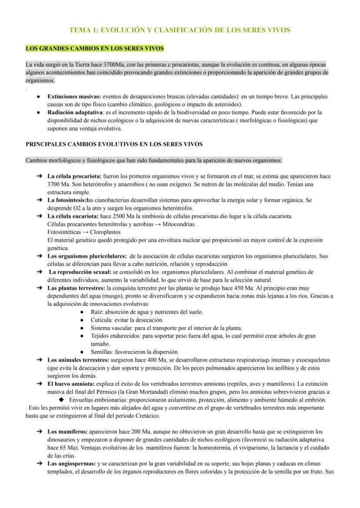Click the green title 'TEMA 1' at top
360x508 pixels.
pyautogui.click(x=180, y=30)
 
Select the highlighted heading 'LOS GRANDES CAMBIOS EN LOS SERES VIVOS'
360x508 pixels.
pyautogui.click(x=95, y=48)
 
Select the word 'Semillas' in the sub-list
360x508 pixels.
pyautogui.click(x=101, y=352)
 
